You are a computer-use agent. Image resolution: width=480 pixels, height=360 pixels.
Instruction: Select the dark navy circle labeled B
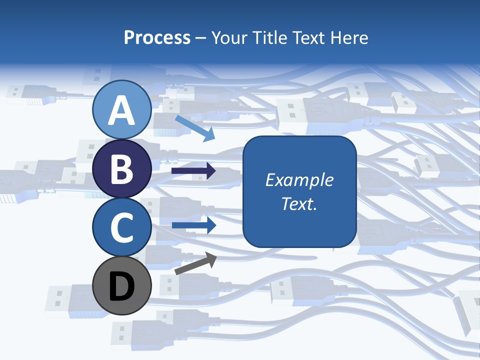point(121,168)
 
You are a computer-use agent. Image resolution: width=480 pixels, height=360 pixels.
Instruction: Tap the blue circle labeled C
point(121,227)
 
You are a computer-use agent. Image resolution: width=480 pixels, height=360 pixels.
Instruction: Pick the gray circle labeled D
point(121,285)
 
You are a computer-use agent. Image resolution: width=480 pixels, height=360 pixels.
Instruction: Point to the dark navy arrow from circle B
point(193,171)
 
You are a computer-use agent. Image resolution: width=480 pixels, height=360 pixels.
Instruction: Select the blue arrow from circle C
point(194,225)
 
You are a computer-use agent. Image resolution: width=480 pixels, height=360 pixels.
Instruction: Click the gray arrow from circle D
point(196,263)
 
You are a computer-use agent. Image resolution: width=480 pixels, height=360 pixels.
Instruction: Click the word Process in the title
point(157,38)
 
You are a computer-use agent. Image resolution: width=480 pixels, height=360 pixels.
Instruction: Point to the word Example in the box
point(299,180)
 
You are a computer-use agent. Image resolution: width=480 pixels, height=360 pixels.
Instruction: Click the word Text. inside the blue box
point(299,204)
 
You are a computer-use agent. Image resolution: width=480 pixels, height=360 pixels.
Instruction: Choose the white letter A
point(121,111)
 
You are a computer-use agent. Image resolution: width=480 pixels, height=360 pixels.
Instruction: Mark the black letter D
point(121,287)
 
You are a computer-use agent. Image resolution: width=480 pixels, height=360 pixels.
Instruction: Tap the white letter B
point(121,169)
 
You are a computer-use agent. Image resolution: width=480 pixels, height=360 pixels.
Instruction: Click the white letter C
point(121,228)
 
